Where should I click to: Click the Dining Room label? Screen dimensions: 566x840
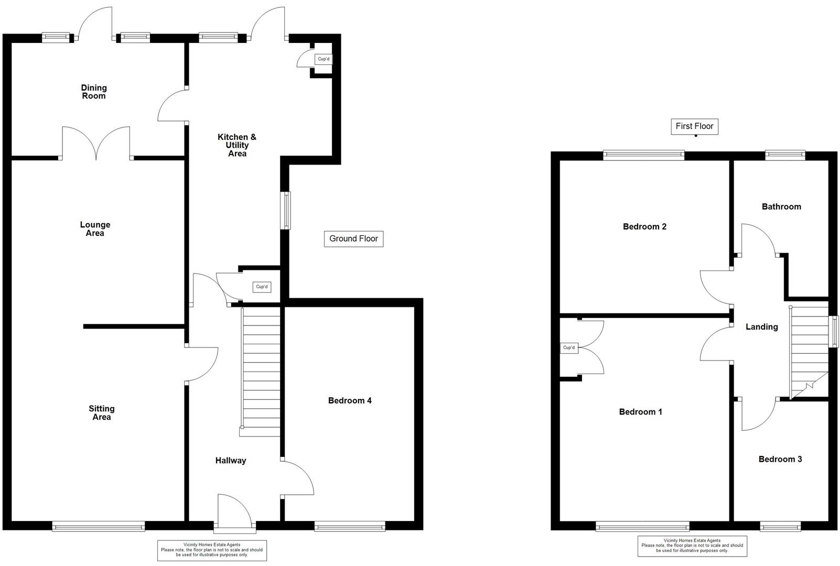(x=93, y=92)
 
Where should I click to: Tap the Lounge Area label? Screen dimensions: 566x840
(x=95, y=229)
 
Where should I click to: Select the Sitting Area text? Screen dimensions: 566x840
(x=101, y=413)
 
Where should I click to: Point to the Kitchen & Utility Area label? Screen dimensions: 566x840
(x=237, y=145)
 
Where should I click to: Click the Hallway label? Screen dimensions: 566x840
(x=230, y=461)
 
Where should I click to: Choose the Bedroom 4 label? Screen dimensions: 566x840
(x=350, y=400)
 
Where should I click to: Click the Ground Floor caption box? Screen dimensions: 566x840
(x=353, y=238)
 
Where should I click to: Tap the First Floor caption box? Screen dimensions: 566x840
(x=694, y=126)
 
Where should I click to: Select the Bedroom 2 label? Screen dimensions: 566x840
(x=644, y=226)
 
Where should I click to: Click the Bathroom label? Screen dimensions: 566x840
(x=781, y=206)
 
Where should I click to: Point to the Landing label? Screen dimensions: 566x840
(x=761, y=326)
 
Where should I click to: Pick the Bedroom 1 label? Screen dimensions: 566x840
(x=640, y=412)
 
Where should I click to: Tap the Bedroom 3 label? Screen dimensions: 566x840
(x=780, y=459)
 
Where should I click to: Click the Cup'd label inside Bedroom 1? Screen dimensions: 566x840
(x=569, y=347)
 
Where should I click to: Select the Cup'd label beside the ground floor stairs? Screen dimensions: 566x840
(x=262, y=287)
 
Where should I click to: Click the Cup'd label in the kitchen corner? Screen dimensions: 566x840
(x=324, y=59)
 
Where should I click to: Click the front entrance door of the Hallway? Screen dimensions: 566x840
(x=234, y=511)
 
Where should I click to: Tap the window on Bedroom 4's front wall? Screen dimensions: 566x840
(x=350, y=526)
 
